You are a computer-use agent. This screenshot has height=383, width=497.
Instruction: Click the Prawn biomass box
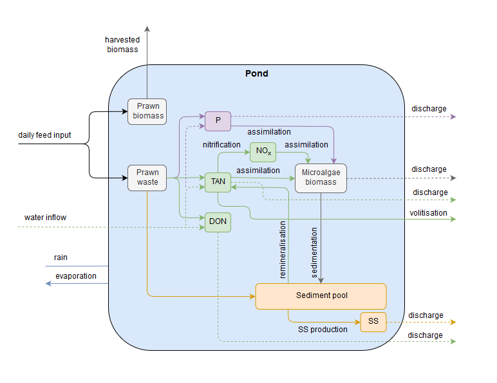[x=147, y=111]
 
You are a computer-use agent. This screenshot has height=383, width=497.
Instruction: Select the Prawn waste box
[x=147, y=178]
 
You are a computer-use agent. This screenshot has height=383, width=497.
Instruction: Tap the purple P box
[x=218, y=120]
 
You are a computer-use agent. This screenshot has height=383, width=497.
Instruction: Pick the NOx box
[x=263, y=153]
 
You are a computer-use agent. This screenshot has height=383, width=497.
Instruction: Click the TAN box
[x=218, y=182]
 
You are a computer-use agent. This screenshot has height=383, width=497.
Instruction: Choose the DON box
[x=218, y=222]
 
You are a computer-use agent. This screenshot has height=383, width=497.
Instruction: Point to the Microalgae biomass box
[x=321, y=178]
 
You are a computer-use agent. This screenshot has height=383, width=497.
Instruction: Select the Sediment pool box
[x=321, y=295]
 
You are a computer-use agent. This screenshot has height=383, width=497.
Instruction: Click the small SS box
[x=373, y=320]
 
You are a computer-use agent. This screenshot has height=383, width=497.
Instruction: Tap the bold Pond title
[x=257, y=73]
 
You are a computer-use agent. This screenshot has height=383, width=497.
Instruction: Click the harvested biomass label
[x=122, y=44]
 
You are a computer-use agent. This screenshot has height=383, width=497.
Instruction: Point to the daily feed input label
[x=44, y=135]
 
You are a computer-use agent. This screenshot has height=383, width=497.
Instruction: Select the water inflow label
[x=45, y=218]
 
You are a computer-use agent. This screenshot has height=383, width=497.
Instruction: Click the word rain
[x=61, y=257]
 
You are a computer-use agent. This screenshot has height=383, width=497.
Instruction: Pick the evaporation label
[x=76, y=276]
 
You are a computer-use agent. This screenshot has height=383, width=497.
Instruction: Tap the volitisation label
[x=428, y=213]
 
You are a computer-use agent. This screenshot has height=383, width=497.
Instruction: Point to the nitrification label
[x=221, y=145]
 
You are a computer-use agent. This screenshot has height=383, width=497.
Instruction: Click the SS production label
[x=323, y=330]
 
